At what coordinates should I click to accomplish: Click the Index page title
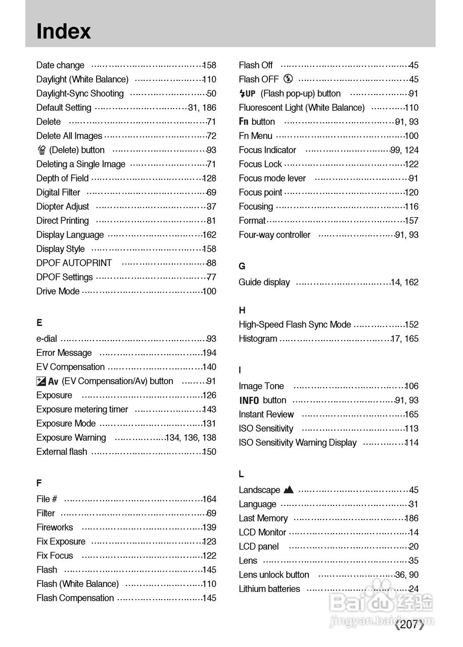tap(64, 31)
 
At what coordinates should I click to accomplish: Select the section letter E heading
tap(39, 322)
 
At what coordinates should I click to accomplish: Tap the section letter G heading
tap(242, 266)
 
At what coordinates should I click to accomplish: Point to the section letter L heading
tap(241, 474)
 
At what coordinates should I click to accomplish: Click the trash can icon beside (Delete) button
tap(41, 150)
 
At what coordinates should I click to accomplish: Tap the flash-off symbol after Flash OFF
tap(288, 79)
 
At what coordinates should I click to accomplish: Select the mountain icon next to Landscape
tap(289, 489)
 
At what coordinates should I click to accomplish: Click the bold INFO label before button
tap(249, 400)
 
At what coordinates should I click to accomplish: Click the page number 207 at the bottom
tap(408, 625)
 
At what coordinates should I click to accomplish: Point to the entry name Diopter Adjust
tap(63, 206)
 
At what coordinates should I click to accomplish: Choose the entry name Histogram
tap(258, 339)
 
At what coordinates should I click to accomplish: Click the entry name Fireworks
tap(55, 527)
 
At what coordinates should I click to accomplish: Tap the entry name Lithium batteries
tap(269, 589)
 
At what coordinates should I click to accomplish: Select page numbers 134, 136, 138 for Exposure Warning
tap(191, 438)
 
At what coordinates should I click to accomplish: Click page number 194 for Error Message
tap(209, 353)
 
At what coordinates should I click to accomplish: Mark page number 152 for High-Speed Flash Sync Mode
tap(411, 325)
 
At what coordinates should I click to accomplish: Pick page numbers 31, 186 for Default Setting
tap(202, 108)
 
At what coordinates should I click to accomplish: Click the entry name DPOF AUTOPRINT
tap(74, 263)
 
